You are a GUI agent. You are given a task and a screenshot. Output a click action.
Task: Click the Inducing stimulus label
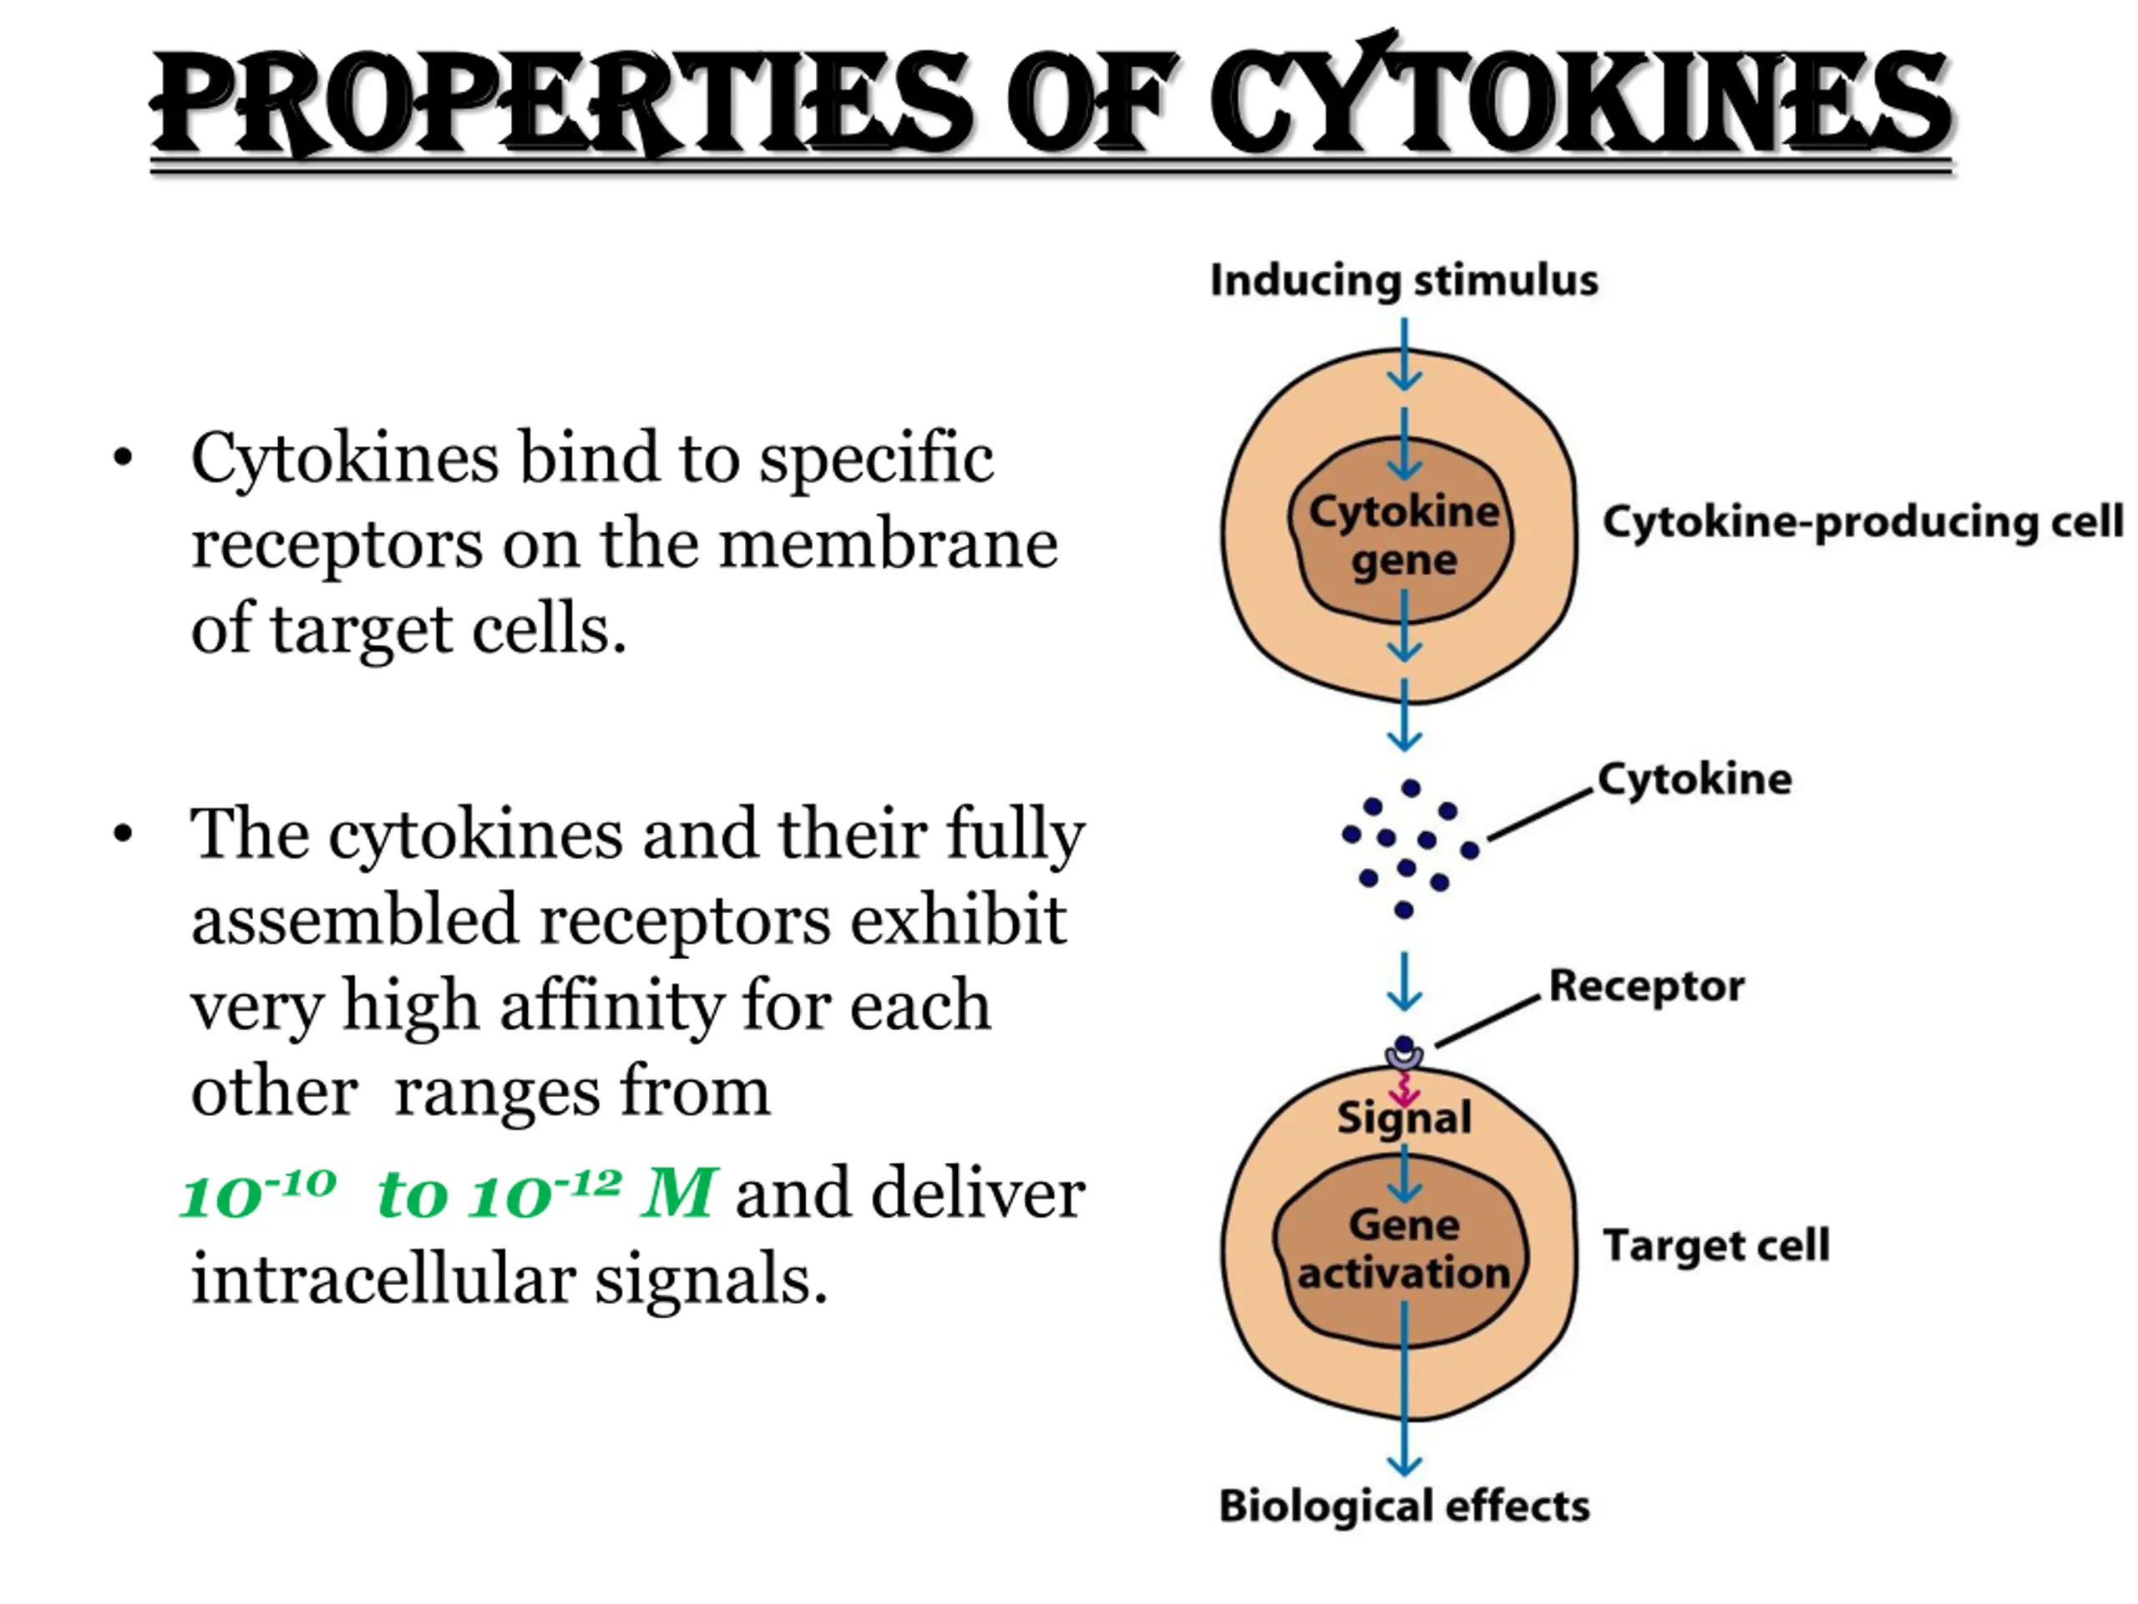click(x=1403, y=281)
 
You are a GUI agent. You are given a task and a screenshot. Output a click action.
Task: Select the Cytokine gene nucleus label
click(x=1403, y=535)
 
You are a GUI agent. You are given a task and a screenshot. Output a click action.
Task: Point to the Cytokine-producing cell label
click(x=1862, y=522)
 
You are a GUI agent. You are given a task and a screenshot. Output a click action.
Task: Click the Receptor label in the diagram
click(x=1646, y=986)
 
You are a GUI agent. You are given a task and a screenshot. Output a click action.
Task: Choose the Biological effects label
click(x=1403, y=1505)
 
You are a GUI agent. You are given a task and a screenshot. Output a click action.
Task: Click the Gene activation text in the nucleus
click(x=1403, y=1249)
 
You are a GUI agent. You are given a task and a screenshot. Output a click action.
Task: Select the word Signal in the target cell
click(x=1403, y=1118)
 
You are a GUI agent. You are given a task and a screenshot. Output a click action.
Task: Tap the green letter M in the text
click(x=677, y=1194)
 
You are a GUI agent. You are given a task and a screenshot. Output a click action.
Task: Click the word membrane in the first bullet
click(x=889, y=545)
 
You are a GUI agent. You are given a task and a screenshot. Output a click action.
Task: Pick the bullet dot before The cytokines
click(x=123, y=834)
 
